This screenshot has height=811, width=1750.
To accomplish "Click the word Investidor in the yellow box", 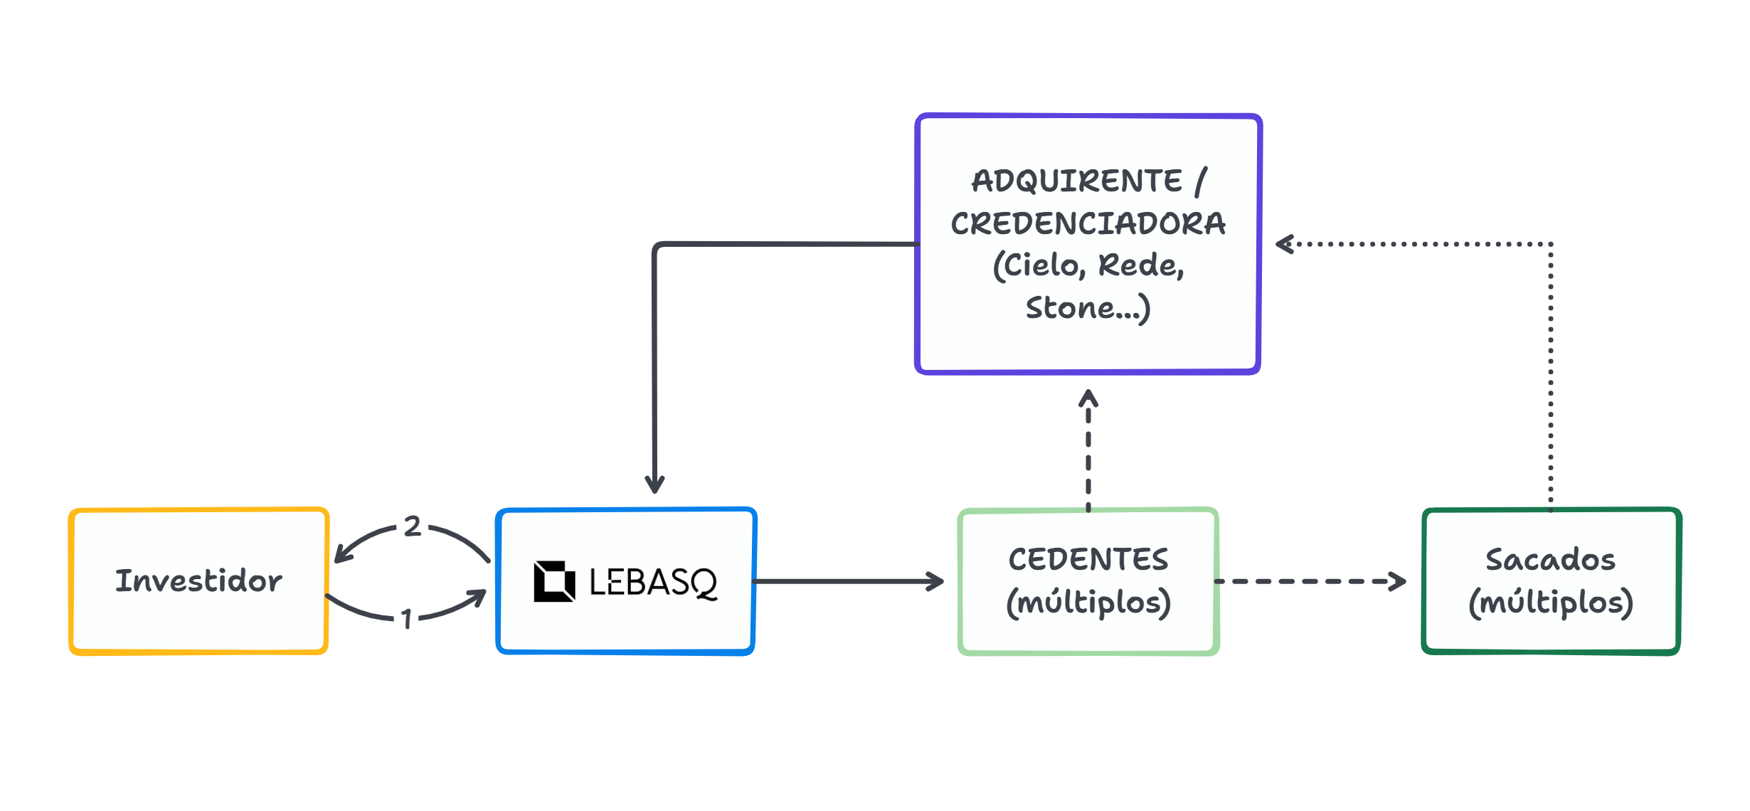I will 198,581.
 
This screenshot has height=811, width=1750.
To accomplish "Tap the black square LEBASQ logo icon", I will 554,581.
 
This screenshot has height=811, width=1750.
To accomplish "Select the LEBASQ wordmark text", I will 653,583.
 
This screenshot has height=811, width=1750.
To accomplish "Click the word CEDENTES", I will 1088,559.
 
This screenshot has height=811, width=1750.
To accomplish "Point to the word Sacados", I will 1550,559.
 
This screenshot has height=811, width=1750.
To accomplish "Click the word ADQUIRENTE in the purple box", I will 1077,181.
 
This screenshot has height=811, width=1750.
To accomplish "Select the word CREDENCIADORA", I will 1088,223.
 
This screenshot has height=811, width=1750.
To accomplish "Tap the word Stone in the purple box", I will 1070,308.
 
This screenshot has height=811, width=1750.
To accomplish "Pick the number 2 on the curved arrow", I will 413,526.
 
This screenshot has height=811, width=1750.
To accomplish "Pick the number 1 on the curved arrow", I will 406,619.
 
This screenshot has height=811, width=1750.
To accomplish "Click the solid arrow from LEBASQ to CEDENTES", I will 847,581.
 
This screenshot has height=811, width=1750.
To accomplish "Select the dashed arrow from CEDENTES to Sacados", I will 1309,581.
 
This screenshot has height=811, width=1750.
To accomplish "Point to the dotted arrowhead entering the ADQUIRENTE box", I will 1285,244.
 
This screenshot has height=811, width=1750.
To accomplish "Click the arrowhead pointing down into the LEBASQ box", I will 654,484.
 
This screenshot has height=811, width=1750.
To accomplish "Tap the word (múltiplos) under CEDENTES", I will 1088,603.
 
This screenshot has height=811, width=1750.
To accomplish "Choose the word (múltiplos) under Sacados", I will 1550,603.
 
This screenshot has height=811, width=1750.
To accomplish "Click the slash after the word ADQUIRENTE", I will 1201,181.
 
